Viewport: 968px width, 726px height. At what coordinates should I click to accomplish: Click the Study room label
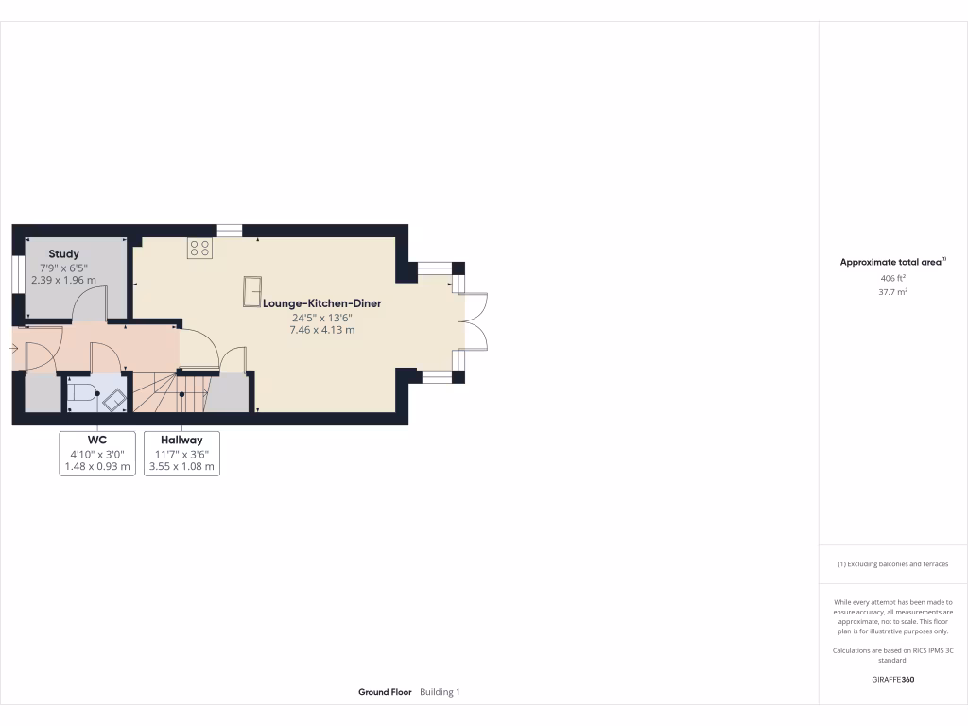(64, 254)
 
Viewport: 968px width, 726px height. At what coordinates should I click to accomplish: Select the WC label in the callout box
(97, 441)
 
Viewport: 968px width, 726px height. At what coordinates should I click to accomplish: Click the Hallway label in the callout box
(181, 441)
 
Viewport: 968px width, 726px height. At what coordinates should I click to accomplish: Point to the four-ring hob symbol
(199, 248)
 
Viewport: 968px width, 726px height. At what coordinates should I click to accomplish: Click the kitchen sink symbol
(253, 291)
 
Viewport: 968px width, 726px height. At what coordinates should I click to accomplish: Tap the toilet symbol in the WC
(83, 394)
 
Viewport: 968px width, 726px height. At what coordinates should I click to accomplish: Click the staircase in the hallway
(157, 393)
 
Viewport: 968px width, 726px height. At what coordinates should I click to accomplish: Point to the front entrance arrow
(12, 349)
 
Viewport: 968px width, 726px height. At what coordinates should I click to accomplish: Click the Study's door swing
(91, 304)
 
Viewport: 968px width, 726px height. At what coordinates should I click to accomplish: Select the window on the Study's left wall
(17, 273)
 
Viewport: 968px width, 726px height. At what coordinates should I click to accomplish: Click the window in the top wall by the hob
(230, 230)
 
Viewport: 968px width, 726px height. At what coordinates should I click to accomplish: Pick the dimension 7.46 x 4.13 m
(322, 331)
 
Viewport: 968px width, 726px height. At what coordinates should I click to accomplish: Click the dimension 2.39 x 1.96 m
(64, 281)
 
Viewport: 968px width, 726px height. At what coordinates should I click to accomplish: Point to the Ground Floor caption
(385, 692)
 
